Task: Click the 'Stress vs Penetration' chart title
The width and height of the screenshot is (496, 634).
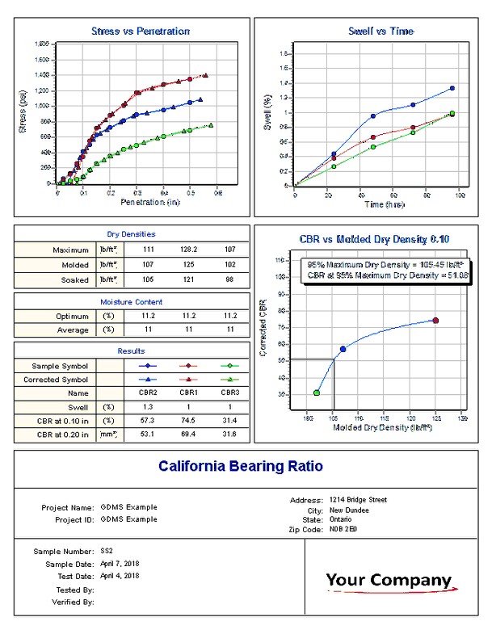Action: (141, 31)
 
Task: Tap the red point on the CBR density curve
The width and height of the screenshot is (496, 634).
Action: (435, 321)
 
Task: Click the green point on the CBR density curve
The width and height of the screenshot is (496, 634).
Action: (317, 393)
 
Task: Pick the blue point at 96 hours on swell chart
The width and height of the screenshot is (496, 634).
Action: (452, 88)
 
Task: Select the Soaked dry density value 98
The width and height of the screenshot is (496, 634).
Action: (230, 279)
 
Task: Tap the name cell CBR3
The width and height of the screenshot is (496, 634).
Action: (230, 393)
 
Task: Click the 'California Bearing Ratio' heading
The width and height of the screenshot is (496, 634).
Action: (240, 467)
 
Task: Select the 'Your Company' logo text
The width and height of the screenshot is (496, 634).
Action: (389, 580)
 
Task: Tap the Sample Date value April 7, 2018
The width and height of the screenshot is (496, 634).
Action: (120, 563)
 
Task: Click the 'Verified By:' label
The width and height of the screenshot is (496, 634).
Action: (74, 602)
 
